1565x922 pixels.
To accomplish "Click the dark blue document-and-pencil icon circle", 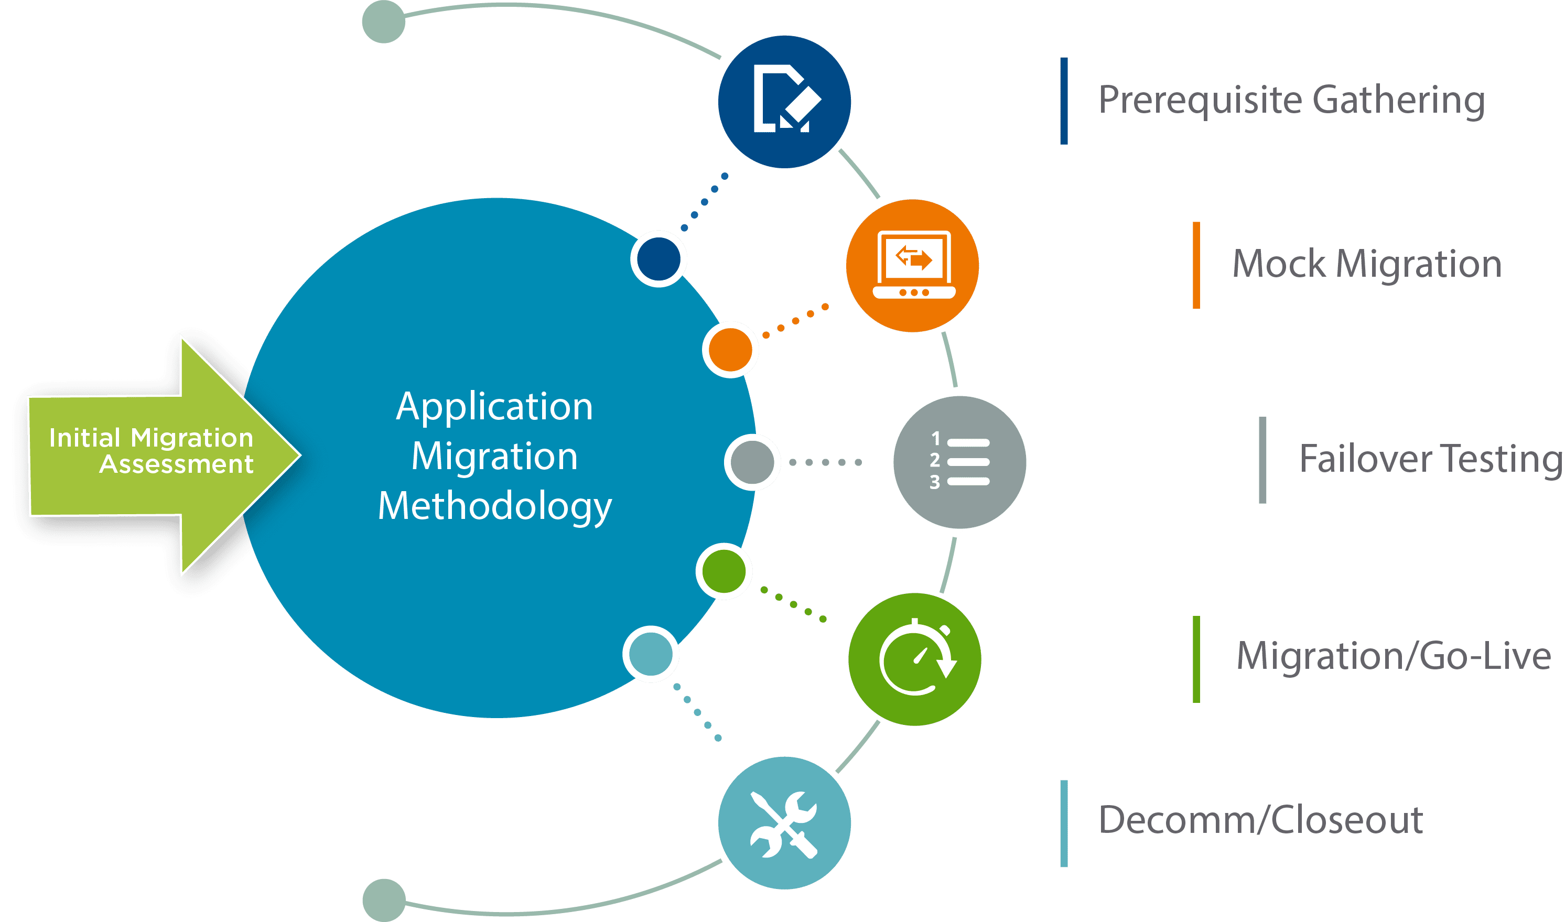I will click(784, 102).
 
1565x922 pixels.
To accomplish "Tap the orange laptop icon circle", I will click(912, 266).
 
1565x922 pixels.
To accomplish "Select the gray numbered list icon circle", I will click(959, 462).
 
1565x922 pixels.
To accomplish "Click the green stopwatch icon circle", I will click(914, 659).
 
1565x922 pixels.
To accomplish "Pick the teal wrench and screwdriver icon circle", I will click(784, 823).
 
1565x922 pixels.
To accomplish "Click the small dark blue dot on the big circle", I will click(659, 259).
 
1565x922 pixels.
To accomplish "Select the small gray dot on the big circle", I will click(752, 463).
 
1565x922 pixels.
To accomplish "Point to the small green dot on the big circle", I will click(724, 571).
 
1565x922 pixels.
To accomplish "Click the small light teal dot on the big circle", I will click(651, 654).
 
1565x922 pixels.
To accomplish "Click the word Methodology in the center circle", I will click(494, 506).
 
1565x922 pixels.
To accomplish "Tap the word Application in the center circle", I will click(494, 407).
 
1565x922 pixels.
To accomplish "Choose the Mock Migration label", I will click(1367, 264).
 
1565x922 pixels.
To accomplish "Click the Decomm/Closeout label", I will click(1261, 820).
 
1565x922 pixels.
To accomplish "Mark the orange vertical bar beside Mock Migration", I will click(1196, 265).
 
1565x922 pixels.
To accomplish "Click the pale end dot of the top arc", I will click(383, 21).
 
